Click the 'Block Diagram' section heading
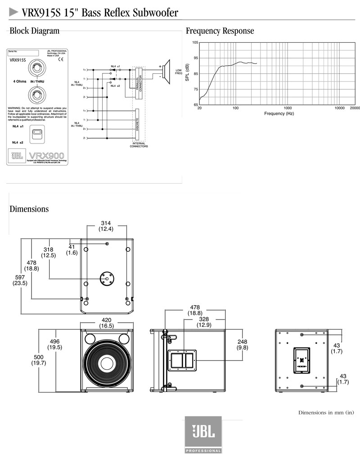pyautogui.click(x=34, y=31)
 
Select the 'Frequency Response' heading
pyautogui.click(x=220, y=31)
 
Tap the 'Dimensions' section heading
pyautogui.click(x=29, y=209)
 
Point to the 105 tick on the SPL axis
pyautogui.click(x=195, y=42)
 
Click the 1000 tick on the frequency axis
pyautogui.click(x=288, y=108)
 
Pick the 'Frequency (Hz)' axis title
pyautogui.click(x=279, y=114)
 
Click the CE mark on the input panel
pyautogui.click(x=60, y=59)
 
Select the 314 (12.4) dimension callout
pyautogui.click(x=106, y=226)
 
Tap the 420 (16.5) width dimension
pyautogui.click(x=107, y=323)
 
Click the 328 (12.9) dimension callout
pyautogui.click(x=203, y=321)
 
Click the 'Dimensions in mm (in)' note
pyautogui.click(x=326, y=412)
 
